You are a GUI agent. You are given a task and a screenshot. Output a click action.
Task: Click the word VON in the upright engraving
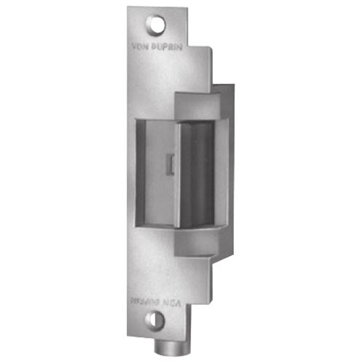[140, 47]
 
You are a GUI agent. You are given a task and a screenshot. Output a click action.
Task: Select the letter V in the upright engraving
[135, 47]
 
